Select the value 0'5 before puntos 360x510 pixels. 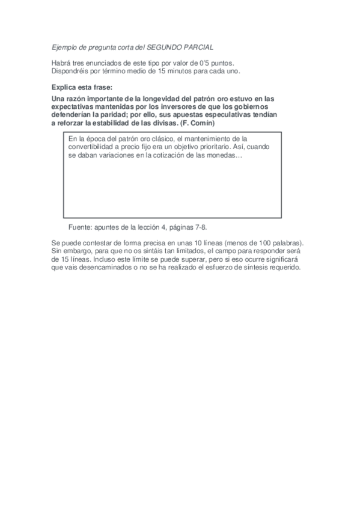(x=205, y=63)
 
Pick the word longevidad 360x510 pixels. (x=161, y=99)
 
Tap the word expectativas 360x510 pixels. (x=72, y=106)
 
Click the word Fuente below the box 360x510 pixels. (x=81, y=227)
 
